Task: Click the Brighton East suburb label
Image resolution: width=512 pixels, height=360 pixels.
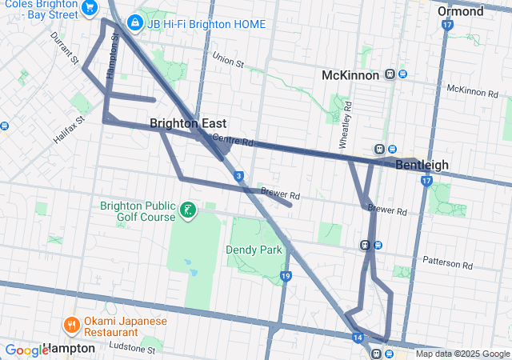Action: [x=188, y=123]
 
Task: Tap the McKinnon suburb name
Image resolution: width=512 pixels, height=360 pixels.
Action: [x=349, y=74]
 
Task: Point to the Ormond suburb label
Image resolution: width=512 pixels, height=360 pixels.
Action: [x=461, y=11]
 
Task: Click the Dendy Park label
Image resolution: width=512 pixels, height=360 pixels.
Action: [x=254, y=250]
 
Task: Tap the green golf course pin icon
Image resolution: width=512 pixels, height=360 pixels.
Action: [x=188, y=211]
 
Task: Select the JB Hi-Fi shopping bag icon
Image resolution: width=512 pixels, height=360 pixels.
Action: [x=135, y=23]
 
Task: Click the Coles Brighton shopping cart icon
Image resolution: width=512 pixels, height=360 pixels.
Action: [x=90, y=8]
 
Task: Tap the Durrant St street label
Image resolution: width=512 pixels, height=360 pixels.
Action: [x=63, y=49]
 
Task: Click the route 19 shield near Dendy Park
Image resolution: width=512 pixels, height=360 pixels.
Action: [x=286, y=276]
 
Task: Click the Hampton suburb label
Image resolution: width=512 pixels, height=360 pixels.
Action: [x=70, y=349]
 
